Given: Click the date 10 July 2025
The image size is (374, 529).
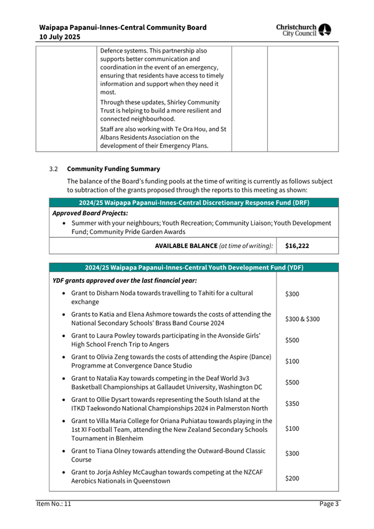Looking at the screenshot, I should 59,37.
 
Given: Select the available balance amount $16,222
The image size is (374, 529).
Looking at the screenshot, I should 298,245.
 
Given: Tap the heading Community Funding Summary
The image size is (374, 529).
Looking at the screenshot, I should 113,169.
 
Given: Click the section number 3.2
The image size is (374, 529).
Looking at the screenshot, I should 53,169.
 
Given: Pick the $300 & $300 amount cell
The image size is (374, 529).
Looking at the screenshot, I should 302,319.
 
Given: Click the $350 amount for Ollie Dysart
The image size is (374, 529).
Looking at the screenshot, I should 292,404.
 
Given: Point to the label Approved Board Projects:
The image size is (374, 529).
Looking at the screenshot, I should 90,213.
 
